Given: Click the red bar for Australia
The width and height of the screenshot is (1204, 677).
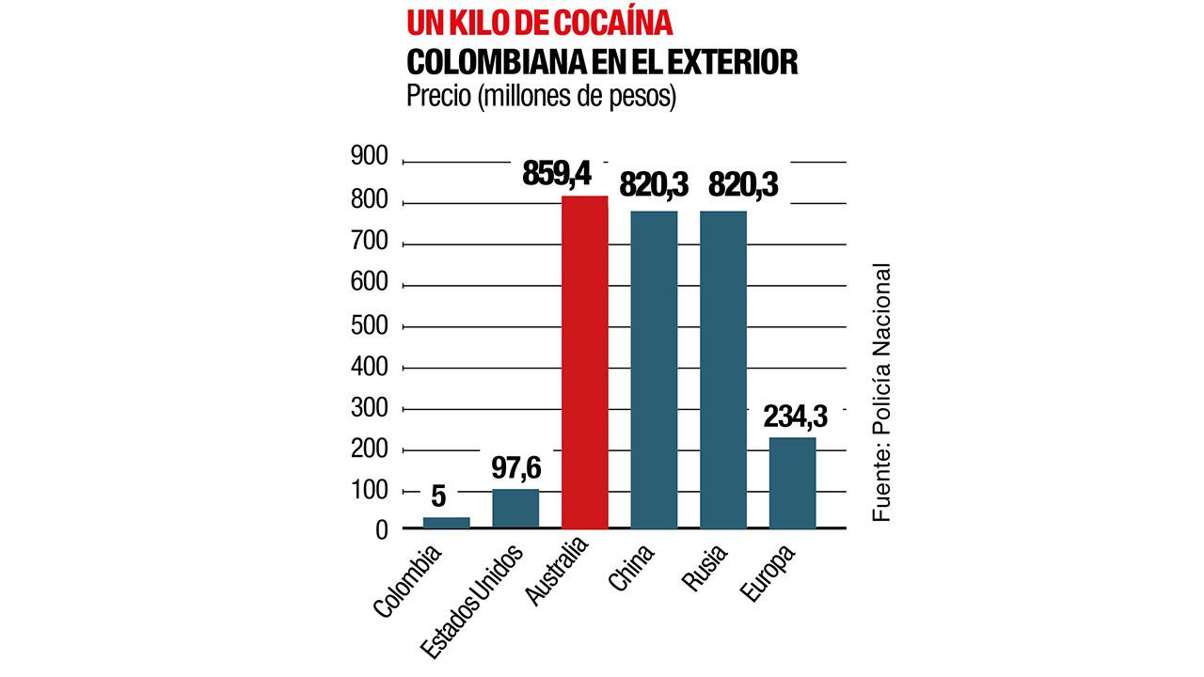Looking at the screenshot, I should point(584,362).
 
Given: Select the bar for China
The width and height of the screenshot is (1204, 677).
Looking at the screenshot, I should point(654,370).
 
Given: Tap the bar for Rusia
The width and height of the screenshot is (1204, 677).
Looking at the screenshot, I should point(723,370).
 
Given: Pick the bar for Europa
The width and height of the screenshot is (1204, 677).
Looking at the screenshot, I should point(792,482).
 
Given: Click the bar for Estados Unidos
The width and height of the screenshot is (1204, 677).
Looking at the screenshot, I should point(515,509).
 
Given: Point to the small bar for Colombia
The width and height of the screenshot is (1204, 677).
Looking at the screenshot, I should point(446,523).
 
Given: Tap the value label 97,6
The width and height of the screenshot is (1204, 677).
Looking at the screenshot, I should point(516,466).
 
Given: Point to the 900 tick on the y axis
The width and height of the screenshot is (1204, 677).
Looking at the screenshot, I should point(369,157).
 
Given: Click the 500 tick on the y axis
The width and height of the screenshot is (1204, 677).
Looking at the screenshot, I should point(369,325).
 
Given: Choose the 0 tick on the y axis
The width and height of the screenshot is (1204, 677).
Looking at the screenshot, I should point(381,532).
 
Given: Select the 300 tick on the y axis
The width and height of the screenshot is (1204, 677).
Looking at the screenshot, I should point(369,408).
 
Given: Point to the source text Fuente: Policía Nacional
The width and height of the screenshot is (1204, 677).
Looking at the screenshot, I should point(880,394).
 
